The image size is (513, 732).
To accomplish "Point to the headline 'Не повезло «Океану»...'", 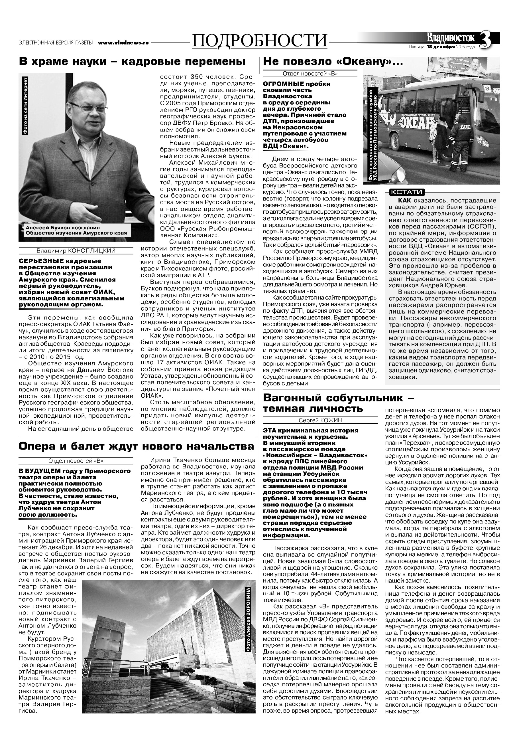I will point(332,62).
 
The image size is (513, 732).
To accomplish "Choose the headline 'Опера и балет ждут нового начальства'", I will point(136,446).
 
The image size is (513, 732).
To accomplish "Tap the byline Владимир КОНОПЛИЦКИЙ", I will point(76,250).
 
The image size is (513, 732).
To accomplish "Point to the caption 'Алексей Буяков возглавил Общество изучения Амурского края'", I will point(76,230).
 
